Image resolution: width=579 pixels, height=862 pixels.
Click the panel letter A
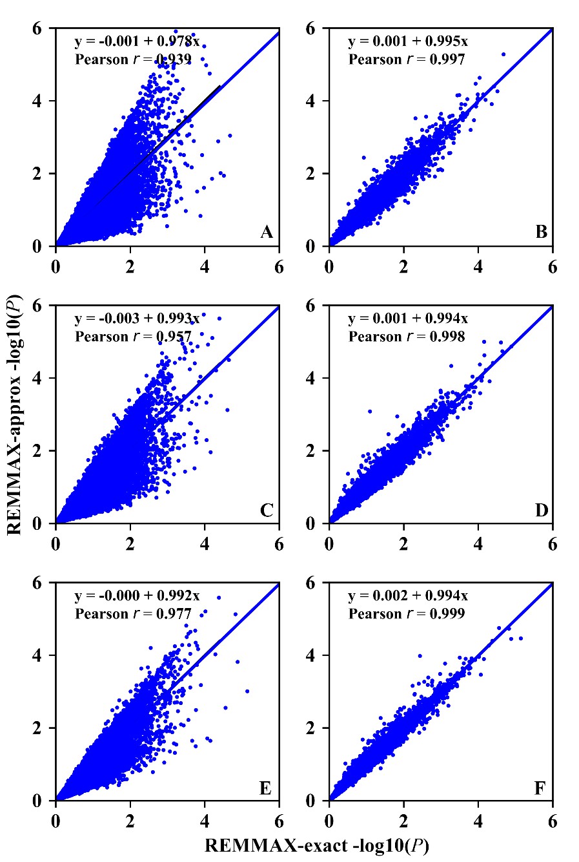[x=267, y=233]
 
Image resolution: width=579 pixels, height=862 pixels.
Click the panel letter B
[x=541, y=233]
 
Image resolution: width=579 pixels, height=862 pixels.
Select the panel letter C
[x=267, y=510]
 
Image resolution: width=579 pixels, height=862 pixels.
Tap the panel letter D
[x=541, y=510]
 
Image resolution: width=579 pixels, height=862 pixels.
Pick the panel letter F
[x=541, y=788]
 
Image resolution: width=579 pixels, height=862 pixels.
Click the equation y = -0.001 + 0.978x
[x=141, y=42]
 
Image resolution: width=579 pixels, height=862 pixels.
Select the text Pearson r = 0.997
[x=407, y=60]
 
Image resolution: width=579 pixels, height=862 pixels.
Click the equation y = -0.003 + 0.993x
[x=141, y=319]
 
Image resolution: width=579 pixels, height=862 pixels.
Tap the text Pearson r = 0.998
[x=407, y=337]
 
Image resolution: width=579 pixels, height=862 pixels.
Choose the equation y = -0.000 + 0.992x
[x=141, y=596]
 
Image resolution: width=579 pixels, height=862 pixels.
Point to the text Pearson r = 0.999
[x=407, y=614]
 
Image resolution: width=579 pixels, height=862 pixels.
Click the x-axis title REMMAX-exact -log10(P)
[x=317, y=846]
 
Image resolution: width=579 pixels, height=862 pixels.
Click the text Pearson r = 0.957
[x=133, y=337]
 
